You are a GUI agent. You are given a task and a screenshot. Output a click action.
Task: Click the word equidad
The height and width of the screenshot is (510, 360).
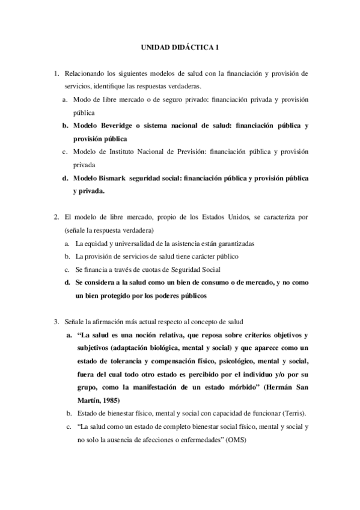pos(96,244)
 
